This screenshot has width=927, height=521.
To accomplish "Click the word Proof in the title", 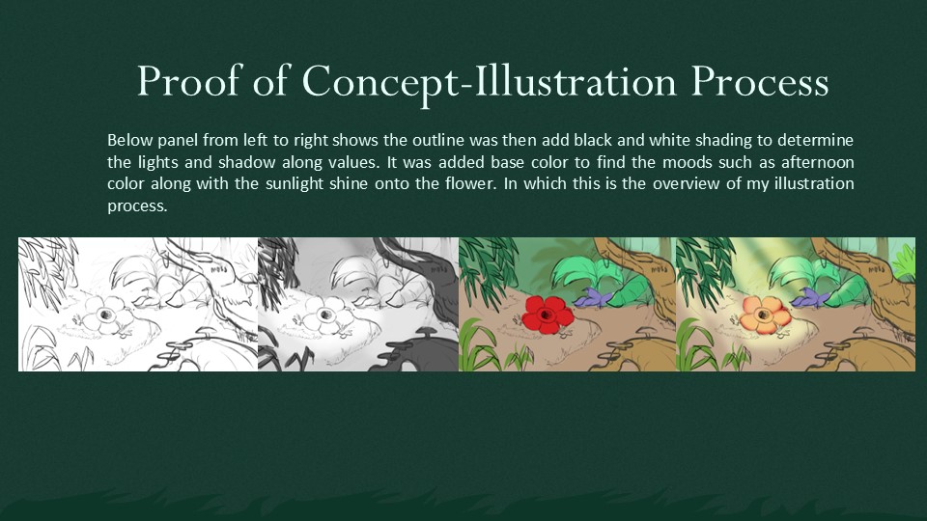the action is point(190,81).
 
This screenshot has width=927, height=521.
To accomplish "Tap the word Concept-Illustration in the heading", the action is point(489,81).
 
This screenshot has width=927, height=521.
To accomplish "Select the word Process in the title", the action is point(759,81).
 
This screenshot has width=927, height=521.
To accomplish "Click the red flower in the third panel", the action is point(547,314).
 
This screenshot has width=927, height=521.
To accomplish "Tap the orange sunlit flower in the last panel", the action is point(765,314).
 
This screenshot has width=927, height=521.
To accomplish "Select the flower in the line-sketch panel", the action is point(106,315).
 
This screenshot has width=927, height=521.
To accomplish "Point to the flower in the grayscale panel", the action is point(325,315).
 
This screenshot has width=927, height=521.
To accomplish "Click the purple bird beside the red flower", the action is point(592,298).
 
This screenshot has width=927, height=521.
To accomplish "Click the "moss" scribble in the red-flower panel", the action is point(659,269).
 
